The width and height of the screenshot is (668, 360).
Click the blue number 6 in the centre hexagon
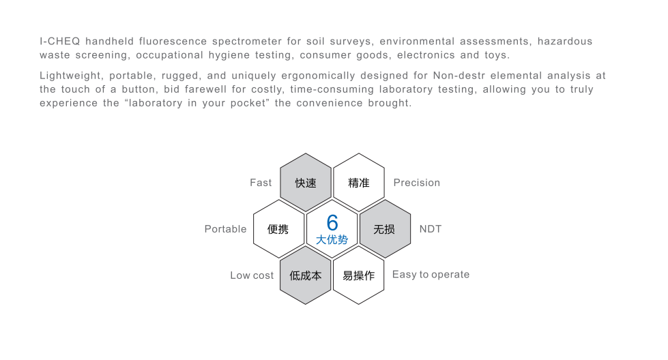click(332, 222)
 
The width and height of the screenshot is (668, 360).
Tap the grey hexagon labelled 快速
click(306, 183)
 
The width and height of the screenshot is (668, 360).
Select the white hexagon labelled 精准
click(359, 183)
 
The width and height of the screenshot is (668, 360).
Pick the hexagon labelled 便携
click(278, 229)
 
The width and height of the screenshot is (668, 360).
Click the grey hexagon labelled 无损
click(385, 229)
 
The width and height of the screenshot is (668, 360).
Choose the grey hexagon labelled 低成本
click(306, 275)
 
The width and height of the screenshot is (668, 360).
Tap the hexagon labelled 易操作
click(359, 275)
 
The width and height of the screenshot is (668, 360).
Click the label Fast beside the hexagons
click(261, 183)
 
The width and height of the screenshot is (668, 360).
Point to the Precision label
click(417, 183)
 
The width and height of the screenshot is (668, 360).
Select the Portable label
click(225, 229)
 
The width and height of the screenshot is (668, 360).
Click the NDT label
click(431, 229)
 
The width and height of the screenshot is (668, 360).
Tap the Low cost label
click(252, 275)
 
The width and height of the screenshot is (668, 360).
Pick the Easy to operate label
click(431, 275)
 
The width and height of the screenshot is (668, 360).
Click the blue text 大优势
click(332, 239)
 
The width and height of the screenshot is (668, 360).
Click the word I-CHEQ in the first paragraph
click(59, 42)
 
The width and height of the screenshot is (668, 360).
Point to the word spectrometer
click(247, 42)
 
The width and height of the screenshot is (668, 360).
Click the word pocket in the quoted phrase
click(248, 104)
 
